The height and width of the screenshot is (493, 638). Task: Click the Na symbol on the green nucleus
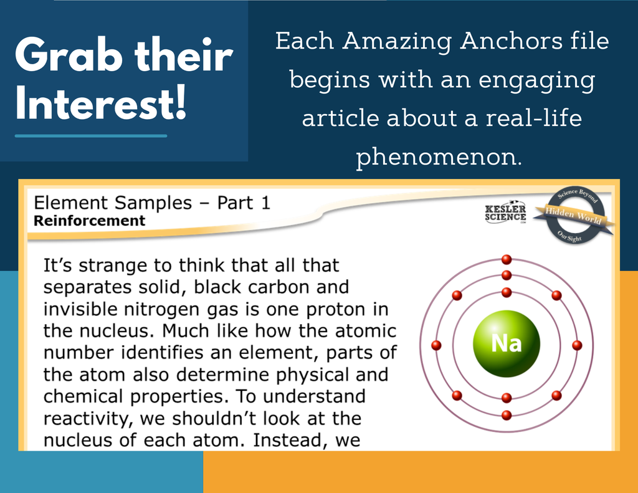coord(506,343)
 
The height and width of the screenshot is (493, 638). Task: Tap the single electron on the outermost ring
coord(507,259)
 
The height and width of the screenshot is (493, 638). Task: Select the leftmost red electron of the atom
coord(436,345)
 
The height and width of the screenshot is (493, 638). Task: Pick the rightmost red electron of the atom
coord(577,345)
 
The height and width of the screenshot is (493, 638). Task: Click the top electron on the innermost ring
coord(507,292)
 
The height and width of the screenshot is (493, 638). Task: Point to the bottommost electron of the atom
coord(507,415)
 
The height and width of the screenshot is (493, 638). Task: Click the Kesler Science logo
coord(505,212)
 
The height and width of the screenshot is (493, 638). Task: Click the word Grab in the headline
coord(69,55)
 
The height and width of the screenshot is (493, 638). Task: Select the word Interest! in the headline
coord(101,103)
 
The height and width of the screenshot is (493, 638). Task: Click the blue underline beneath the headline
coord(91,136)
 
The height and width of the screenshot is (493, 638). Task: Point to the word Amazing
coord(397,42)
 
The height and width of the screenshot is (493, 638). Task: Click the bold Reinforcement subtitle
coord(89,221)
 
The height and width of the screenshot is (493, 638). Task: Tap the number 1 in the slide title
coord(265,203)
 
